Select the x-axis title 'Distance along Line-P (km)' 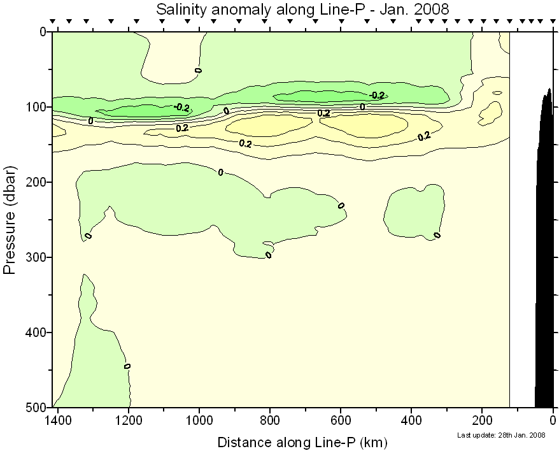click(x=302, y=441)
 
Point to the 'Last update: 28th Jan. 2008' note click(x=502, y=435)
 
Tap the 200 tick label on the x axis click(x=482, y=421)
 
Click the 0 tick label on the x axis click(x=553, y=421)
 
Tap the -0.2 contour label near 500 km click(x=377, y=96)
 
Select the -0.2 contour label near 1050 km click(x=181, y=108)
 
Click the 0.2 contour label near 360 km click(x=424, y=136)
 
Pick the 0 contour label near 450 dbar click(x=127, y=366)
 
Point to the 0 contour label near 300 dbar click(x=269, y=255)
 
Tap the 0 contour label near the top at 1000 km click(x=198, y=69)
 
